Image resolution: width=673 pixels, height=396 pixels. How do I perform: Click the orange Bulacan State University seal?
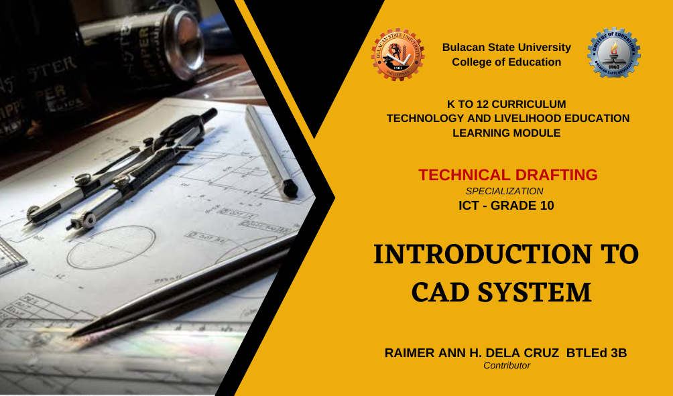point(398,54)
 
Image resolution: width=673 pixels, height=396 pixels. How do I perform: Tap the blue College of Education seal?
point(614,53)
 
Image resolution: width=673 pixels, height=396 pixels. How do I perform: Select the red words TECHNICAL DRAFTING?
point(507,175)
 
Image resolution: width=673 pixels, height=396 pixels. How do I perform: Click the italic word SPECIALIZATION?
point(504,191)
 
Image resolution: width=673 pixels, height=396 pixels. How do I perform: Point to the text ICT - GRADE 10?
point(506,206)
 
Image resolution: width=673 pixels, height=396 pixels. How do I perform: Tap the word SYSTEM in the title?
point(535,292)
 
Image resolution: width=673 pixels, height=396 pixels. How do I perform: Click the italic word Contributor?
point(507,366)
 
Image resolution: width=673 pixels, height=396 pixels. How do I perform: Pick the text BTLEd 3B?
point(597,353)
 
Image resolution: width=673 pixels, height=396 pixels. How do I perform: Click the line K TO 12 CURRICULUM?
point(507,105)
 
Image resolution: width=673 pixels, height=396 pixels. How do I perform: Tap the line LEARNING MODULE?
point(507,133)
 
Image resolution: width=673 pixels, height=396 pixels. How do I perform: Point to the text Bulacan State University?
point(507,47)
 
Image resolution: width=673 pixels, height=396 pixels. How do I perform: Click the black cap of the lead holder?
point(290,188)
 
